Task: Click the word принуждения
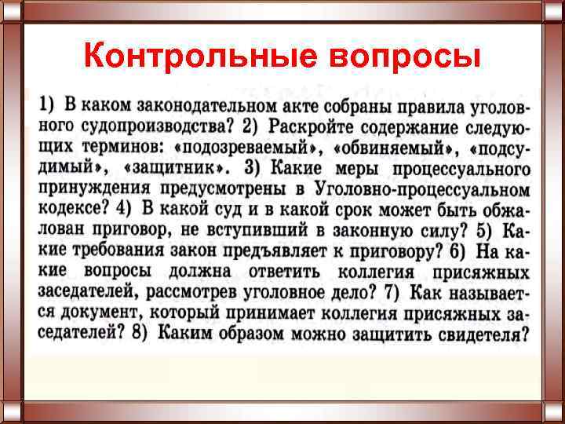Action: [x=110, y=188]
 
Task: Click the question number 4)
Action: [x=122, y=209]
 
